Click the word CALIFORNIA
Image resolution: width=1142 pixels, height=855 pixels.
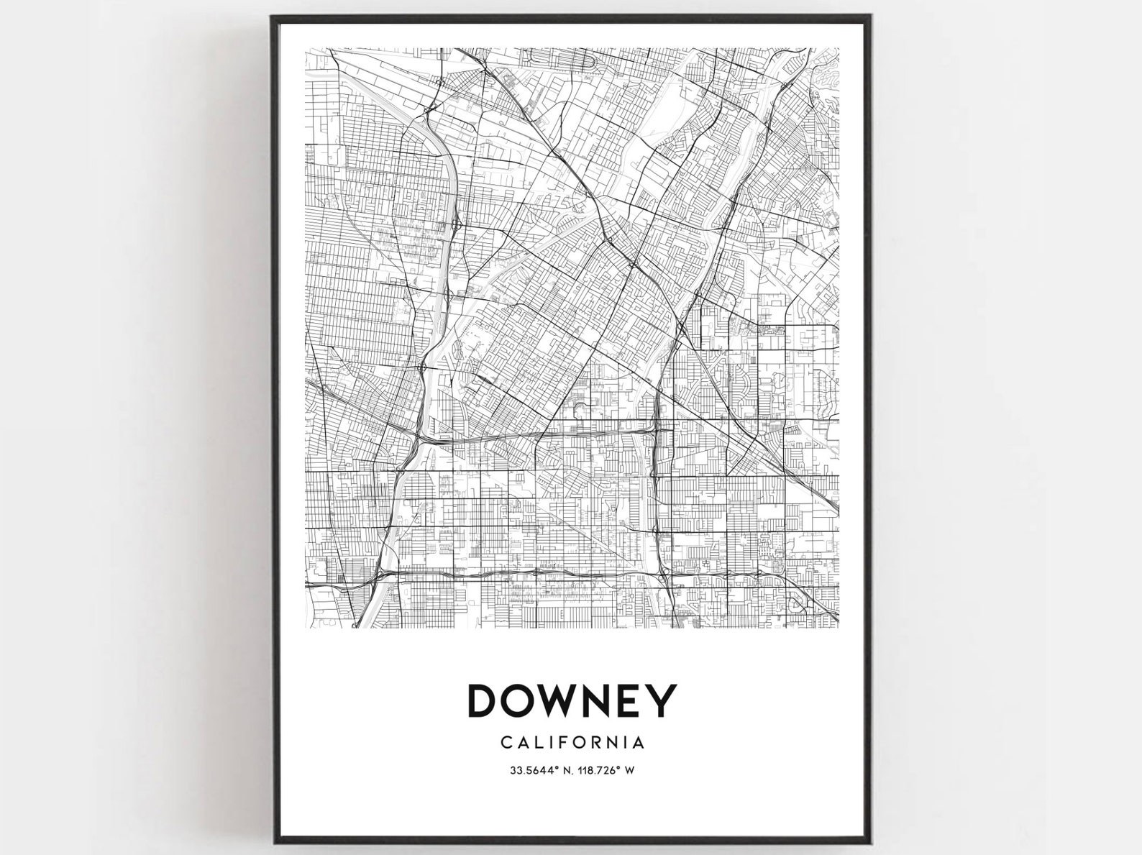tap(572, 741)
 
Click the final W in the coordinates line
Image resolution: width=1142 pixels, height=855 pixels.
tap(629, 771)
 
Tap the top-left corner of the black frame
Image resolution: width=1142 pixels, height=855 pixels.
tap(273, 17)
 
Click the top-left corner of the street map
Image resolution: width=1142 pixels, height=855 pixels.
tap(307, 49)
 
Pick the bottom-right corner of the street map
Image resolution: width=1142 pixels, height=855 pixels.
tap(839, 628)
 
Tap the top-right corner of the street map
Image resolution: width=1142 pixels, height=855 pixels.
tap(839, 49)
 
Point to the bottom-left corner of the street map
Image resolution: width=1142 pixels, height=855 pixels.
tap(307, 628)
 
